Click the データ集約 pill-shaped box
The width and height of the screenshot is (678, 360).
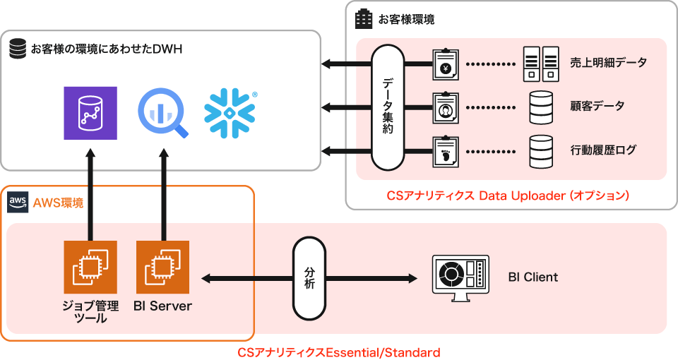388,107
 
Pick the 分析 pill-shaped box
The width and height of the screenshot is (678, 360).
309,278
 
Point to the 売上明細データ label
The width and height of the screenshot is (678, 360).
608,63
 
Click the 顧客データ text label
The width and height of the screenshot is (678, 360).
597,107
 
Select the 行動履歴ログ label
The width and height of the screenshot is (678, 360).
603,150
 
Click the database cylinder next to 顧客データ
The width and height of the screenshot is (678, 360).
541,107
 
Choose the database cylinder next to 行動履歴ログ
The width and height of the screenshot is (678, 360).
541,150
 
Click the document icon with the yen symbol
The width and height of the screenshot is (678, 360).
446,64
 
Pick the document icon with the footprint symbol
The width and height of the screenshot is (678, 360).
446,150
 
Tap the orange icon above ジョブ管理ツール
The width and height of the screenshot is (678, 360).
90,267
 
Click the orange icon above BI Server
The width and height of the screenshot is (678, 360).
163,267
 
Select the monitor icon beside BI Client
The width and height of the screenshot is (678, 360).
460,277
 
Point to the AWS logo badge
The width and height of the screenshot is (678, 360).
17,203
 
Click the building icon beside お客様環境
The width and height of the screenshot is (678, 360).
363,19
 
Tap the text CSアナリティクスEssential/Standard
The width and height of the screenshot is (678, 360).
338,352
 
